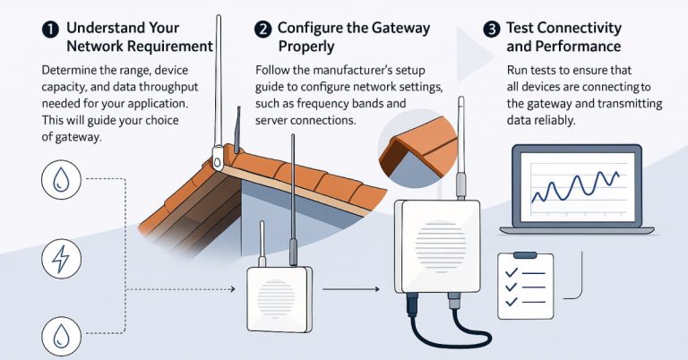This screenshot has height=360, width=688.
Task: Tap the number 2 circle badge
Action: pos(262,29)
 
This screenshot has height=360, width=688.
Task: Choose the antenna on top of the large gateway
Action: pos(457,143)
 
